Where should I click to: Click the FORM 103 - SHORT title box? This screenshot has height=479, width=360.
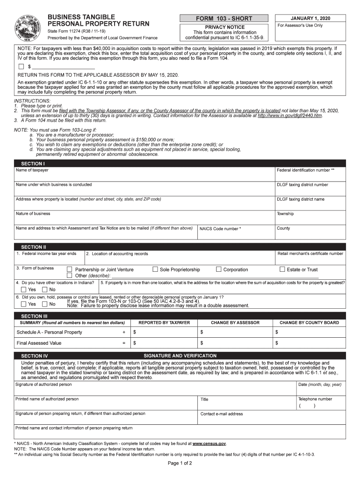point(224,18)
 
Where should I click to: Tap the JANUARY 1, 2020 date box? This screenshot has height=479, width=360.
point(310,18)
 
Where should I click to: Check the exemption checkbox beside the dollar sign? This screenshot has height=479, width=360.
point(21,67)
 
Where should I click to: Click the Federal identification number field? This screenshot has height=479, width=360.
point(310,174)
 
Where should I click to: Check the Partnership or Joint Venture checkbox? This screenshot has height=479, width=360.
point(70,269)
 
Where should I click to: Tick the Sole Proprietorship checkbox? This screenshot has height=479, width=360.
point(155,269)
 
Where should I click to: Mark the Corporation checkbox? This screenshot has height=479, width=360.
point(218,269)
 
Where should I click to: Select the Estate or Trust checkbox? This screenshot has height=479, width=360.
point(282,269)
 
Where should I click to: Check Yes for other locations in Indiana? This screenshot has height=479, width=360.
point(23,290)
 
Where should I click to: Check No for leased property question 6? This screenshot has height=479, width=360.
point(45,304)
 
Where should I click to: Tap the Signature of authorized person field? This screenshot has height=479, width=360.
point(154,388)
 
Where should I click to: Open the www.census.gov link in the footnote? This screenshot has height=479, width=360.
point(209,443)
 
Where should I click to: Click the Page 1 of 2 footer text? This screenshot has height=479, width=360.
point(180,463)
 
